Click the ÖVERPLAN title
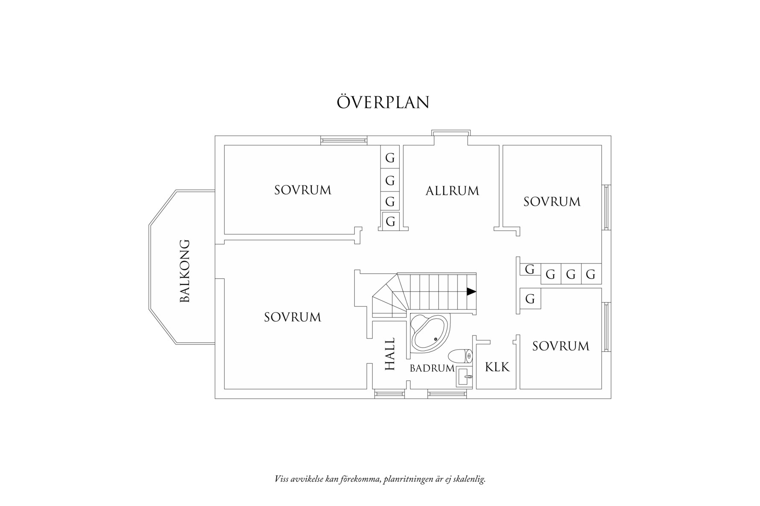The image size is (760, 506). point(383,102)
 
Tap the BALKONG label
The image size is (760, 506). point(184,271)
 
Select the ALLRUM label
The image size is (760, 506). point(452,191)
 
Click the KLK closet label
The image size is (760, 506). point(497,367)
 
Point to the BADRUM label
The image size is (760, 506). point(432,368)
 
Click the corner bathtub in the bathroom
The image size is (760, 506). point(430,333)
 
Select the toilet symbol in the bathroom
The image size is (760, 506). point(461,356)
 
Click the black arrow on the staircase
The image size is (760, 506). point(471,292)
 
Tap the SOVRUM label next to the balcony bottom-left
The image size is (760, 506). point(292,317)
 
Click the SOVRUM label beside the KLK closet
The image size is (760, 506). point(561,346)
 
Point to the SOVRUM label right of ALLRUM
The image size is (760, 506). point(552,201)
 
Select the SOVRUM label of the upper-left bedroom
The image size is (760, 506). point(303,190)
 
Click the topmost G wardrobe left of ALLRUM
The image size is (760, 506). point(390,158)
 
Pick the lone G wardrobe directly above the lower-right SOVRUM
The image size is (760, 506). point(530,299)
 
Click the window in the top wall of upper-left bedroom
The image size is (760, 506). point(344,140)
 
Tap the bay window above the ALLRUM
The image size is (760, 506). point(451,133)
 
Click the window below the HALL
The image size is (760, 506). point(389,394)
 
